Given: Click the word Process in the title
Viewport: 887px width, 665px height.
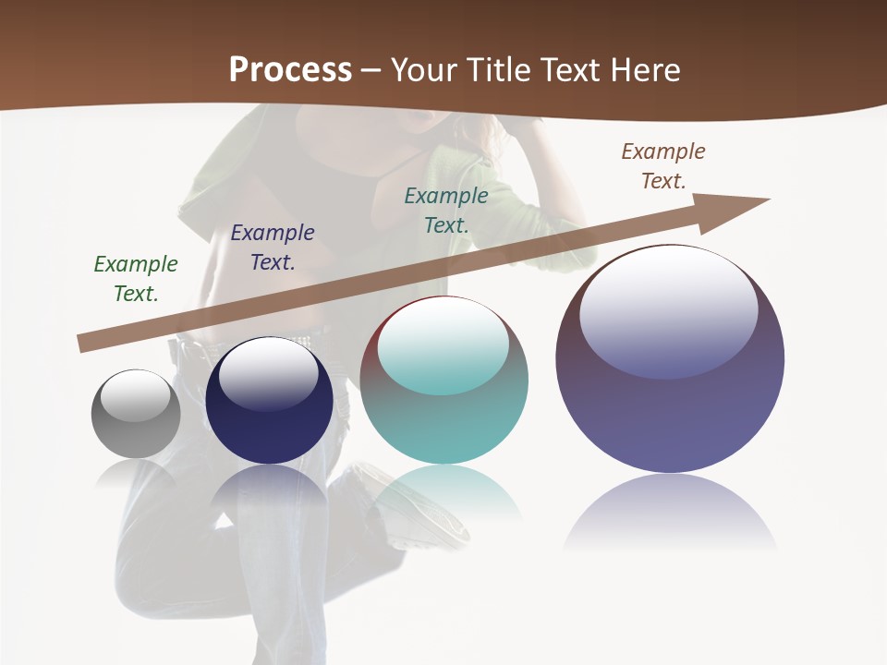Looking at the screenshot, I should (290, 69).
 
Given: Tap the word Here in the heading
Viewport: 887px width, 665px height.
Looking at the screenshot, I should (643, 69).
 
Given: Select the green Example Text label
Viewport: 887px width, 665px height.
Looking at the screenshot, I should (136, 278).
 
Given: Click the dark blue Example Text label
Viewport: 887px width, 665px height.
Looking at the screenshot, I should (272, 247).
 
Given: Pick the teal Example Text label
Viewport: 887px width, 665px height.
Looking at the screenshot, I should (446, 210).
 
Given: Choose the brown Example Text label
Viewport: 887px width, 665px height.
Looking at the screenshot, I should (663, 165).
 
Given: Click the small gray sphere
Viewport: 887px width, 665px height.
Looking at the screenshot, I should (136, 434).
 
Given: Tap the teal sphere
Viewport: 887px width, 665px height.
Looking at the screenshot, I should (443, 425).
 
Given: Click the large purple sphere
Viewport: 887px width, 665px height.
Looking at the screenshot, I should (670, 416).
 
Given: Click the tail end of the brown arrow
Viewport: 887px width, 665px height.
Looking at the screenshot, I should (85, 344).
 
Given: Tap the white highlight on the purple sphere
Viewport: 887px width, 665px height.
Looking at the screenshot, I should (669, 300).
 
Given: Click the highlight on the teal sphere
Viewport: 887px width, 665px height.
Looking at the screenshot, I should (443, 342).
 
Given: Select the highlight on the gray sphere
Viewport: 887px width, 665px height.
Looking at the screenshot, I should (136, 394).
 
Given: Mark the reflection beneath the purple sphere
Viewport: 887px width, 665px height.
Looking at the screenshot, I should (670, 513).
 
